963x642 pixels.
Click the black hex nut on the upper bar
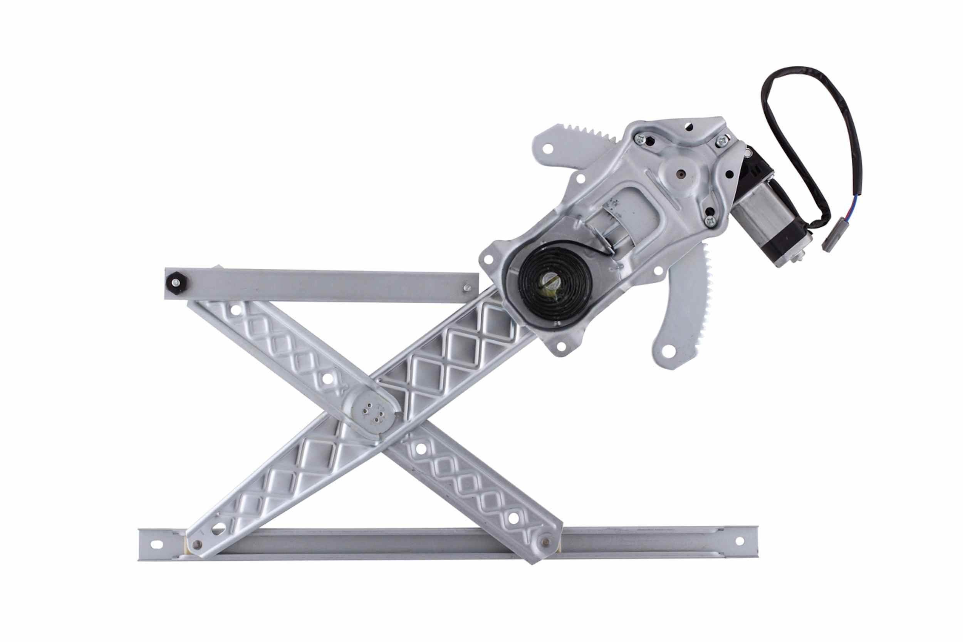pyautogui.click(x=177, y=282)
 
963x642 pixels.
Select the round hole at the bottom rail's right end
pyautogui.click(x=739, y=541)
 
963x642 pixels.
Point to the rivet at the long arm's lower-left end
pyautogui.click(x=197, y=544)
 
